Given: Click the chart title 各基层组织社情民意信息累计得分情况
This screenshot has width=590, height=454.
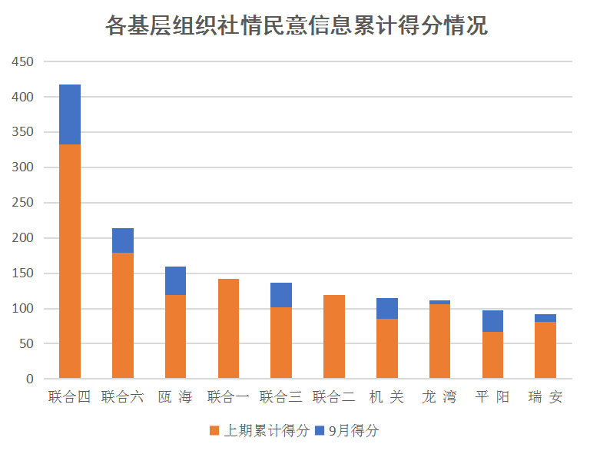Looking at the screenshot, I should (x=296, y=25).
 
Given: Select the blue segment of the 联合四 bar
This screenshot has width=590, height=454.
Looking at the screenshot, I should (x=70, y=114).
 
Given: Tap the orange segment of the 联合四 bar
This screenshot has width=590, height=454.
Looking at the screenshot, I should (x=70, y=261).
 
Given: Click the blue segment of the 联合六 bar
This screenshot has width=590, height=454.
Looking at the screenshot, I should (x=123, y=240).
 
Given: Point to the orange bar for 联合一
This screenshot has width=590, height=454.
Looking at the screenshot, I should (x=228, y=329).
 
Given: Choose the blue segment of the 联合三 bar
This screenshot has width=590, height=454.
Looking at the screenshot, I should (x=281, y=295).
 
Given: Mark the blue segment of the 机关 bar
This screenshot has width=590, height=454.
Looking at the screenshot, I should (x=387, y=308).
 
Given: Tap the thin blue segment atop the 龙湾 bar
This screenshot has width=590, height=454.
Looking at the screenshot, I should (x=439, y=302).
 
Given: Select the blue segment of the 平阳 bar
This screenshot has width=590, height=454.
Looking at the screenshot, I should (x=492, y=321).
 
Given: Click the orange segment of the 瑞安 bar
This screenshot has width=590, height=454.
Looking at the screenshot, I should (x=545, y=350).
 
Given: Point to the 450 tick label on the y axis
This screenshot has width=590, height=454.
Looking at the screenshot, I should (x=23, y=62).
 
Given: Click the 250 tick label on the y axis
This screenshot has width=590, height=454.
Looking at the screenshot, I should (x=23, y=203).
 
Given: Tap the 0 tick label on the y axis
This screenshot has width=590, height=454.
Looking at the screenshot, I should (x=30, y=379).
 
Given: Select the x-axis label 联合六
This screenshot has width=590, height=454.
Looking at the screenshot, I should (x=123, y=397).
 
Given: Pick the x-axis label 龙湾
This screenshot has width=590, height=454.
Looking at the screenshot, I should (x=439, y=397).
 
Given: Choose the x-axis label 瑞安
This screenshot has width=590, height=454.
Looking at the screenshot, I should (x=545, y=397).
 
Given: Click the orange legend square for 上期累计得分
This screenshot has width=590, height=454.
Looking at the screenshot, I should (x=214, y=431).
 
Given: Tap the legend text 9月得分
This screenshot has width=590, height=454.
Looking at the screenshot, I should (x=354, y=431).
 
